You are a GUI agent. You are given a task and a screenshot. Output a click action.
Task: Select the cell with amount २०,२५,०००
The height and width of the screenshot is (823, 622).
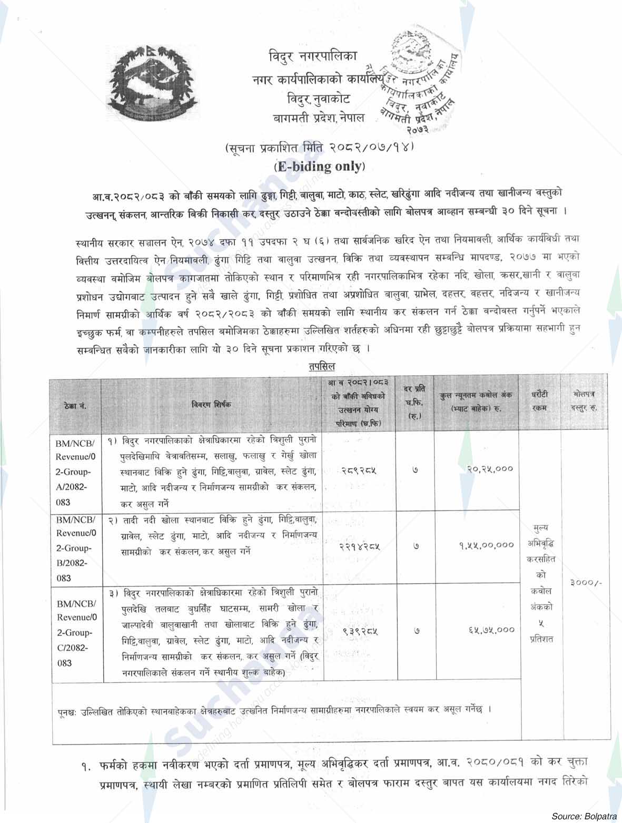point(489,468)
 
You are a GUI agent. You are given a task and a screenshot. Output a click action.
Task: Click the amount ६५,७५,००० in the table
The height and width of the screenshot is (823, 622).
point(489,629)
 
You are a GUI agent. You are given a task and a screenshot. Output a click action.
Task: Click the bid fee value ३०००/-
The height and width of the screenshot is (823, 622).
point(585,583)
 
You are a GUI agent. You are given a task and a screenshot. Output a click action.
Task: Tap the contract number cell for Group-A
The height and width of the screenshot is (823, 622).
point(74,471)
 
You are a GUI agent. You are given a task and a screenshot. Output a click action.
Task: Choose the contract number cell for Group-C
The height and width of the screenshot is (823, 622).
point(74,632)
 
